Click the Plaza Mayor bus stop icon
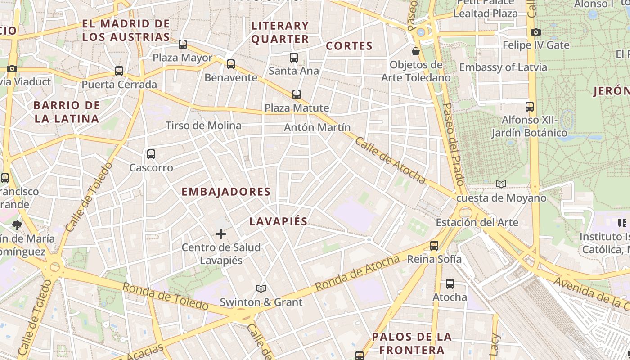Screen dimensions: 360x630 182,45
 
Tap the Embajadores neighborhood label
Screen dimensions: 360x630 226,192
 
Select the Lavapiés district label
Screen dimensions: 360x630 279,221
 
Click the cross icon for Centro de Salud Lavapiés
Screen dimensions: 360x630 221,234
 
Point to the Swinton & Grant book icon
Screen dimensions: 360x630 261,288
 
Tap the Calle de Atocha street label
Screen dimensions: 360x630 390,161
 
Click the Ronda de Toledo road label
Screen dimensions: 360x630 166,297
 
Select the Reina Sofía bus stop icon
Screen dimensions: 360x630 434,246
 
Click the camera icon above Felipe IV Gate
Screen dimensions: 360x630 535,32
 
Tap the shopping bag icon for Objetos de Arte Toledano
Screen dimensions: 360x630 416,51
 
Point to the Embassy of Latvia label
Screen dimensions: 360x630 503,67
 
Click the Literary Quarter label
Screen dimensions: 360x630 280,32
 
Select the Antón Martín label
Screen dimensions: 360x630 317,127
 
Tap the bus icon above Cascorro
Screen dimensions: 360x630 151,154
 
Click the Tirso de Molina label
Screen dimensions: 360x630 203,126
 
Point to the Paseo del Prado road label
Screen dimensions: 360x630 453,144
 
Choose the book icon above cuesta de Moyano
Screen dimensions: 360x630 501,184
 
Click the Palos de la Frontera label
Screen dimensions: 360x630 412,343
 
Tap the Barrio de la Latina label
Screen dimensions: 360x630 67,112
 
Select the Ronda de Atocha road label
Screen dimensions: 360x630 357,273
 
